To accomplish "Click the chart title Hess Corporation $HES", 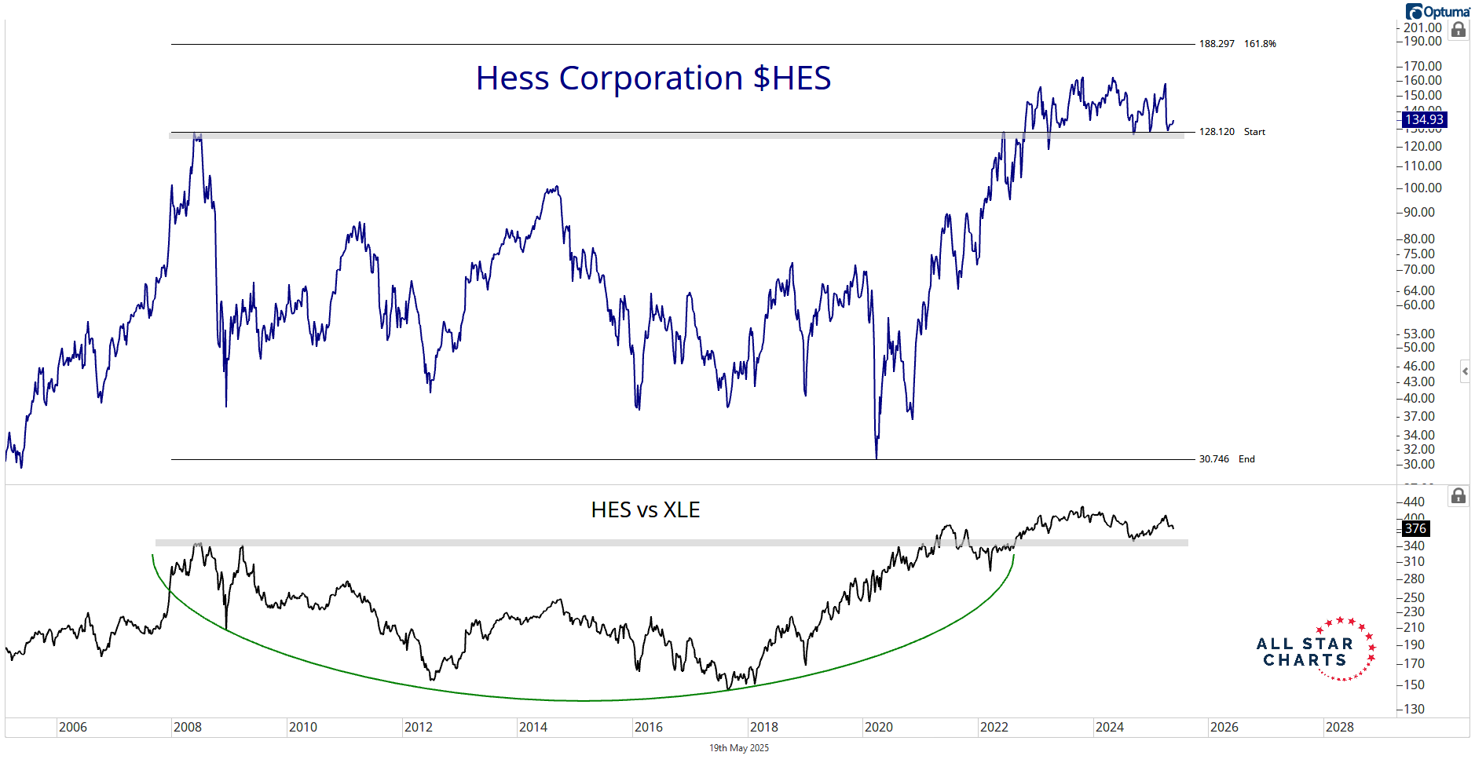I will pyautogui.click(x=653, y=78).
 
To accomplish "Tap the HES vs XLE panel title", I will pyautogui.click(x=645, y=510).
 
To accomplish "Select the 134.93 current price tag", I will pyautogui.click(x=1424, y=119).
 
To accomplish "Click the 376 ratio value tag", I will pyautogui.click(x=1415, y=529).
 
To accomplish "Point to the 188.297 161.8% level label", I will pyautogui.click(x=1237, y=44).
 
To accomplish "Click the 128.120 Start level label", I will pyautogui.click(x=1232, y=132).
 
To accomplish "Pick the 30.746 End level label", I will pyautogui.click(x=1226, y=459).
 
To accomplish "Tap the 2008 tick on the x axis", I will pyautogui.click(x=188, y=727).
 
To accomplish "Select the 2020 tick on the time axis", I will pyautogui.click(x=879, y=727).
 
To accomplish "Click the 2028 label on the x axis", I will pyautogui.click(x=1339, y=727).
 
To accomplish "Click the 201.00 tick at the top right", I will pyautogui.click(x=1422, y=28).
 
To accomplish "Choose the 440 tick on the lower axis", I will pyautogui.click(x=1414, y=502).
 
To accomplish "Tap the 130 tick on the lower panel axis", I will pyautogui.click(x=1414, y=709).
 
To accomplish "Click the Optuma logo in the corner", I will pyautogui.click(x=1437, y=11).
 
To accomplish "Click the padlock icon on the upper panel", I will pyautogui.click(x=1459, y=30).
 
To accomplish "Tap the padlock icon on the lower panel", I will pyautogui.click(x=1459, y=496).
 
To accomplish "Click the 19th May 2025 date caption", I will pyautogui.click(x=739, y=748).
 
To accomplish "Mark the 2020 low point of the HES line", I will pyautogui.click(x=877, y=458).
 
